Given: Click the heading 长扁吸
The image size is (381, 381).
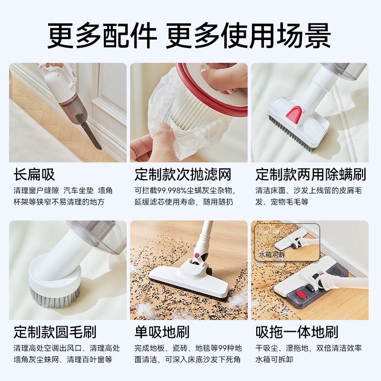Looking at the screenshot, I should (34, 174).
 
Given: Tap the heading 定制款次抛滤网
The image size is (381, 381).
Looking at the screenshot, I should (183, 174).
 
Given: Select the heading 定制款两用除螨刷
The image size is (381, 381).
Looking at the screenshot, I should (311, 174).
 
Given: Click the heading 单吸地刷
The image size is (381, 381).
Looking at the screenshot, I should (162, 331).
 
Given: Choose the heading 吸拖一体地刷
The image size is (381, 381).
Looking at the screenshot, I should (297, 331).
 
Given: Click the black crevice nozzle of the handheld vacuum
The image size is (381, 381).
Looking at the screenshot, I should (90, 134).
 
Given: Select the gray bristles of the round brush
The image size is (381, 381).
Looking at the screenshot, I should (55, 298).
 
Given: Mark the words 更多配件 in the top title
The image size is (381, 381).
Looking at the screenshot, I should (102, 35).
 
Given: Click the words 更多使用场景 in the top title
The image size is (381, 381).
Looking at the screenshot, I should (248, 35).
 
